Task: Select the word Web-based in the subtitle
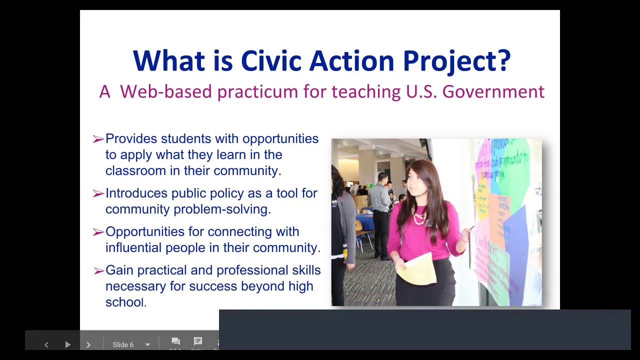[166, 92]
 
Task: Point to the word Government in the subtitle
[493, 92]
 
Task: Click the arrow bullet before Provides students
[98, 139]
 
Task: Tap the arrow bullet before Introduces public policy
[98, 193]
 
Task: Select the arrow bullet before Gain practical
[98, 270]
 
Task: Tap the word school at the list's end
[124, 302]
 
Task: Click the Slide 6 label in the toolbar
[123, 344]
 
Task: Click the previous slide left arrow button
[46, 344]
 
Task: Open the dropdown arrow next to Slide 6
[147, 344]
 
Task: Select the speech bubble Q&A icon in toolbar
[175, 341]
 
